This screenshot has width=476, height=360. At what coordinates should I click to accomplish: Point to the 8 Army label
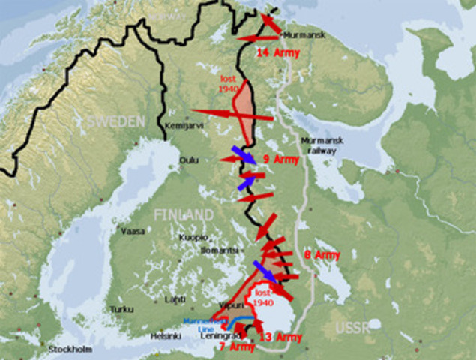(x=322, y=255)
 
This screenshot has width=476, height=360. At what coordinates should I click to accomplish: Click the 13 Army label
(x=280, y=337)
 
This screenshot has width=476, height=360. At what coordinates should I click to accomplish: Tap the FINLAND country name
(x=184, y=214)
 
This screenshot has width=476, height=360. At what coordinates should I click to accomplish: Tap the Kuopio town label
(x=193, y=237)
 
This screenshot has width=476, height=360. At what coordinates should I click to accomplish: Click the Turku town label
(x=120, y=309)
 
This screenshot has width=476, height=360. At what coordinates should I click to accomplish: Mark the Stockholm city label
(x=70, y=349)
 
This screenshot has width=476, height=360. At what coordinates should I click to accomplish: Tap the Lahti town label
(x=175, y=298)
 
